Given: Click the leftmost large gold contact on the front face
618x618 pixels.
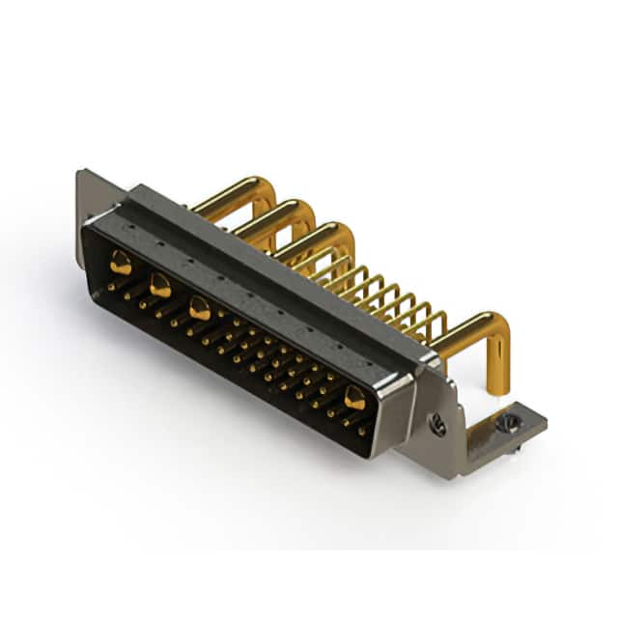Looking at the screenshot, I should (x=121, y=262).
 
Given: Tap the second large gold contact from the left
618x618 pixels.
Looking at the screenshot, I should (x=160, y=286).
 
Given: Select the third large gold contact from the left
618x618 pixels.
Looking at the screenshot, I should (x=200, y=309).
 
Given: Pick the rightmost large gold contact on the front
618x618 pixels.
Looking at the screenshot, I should (x=354, y=397).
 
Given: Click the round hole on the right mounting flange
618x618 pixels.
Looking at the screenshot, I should (x=437, y=423).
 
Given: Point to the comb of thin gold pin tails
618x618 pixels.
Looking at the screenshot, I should (x=386, y=295).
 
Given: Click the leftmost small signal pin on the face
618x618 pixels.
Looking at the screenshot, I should (x=113, y=287).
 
